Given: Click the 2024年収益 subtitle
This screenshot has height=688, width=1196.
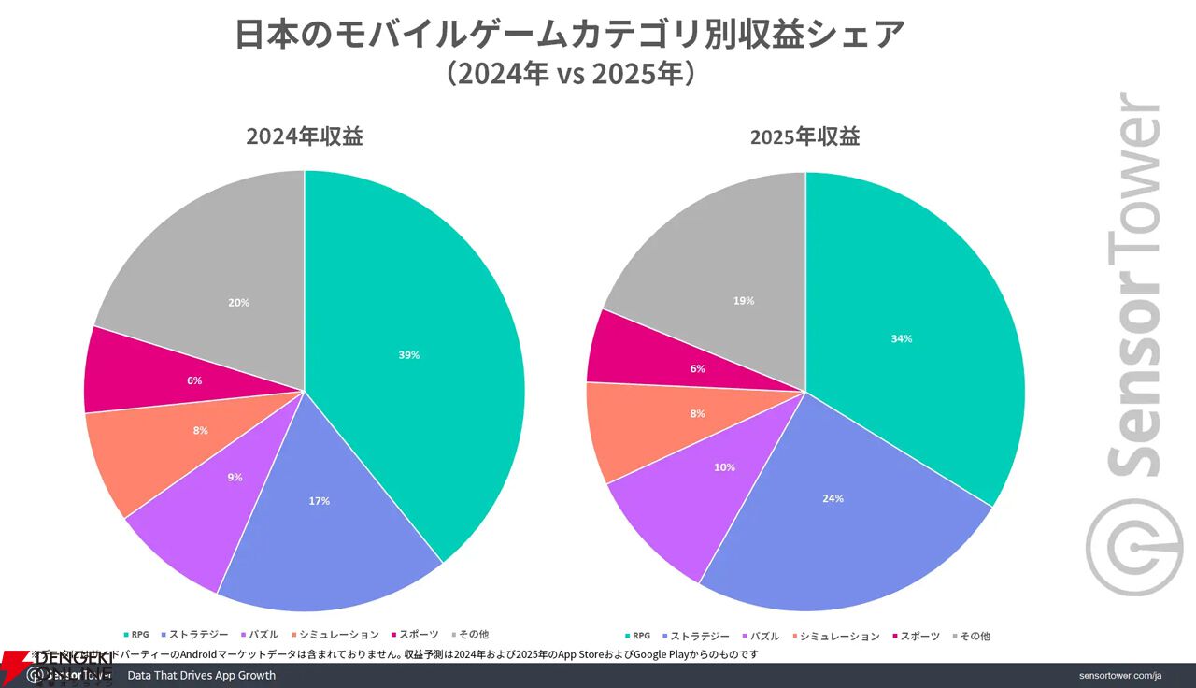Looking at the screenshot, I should [x=305, y=136].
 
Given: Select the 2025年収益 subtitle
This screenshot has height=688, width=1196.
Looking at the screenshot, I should [x=804, y=136].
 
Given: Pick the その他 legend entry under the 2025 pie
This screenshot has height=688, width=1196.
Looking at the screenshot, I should [x=972, y=636].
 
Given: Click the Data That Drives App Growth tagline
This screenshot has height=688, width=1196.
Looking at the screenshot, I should [x=201, y=675].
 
